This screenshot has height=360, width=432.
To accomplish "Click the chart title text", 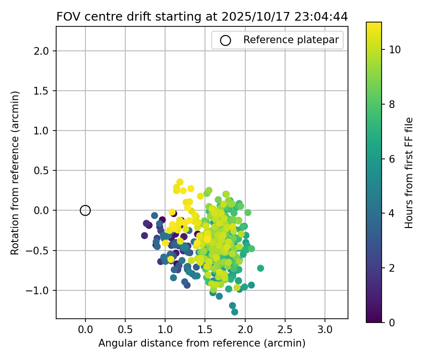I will click(202, 17).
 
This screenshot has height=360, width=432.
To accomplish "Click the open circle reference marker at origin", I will click(85, 210).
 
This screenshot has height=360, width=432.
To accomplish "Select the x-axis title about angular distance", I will click(202, 343).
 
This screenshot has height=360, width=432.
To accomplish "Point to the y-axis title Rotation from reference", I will click(15, 172).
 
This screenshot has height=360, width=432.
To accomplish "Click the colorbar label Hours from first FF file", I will click(409, 172).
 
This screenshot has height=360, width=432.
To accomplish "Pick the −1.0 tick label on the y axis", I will click(41, 290).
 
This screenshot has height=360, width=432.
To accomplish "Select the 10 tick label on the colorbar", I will click(395, 49).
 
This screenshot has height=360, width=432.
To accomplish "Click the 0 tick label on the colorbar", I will click(392, 322).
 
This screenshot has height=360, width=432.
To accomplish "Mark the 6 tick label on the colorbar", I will click(392, 158).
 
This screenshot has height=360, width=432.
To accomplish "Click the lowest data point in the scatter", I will click(234, 312).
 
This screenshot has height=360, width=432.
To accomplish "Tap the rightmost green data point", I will click(260, 268).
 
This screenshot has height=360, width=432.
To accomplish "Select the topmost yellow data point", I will click(180, 182).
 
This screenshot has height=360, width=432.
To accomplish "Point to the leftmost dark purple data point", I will click(144, 235).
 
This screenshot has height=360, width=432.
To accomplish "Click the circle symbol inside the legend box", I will click(226, 40).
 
